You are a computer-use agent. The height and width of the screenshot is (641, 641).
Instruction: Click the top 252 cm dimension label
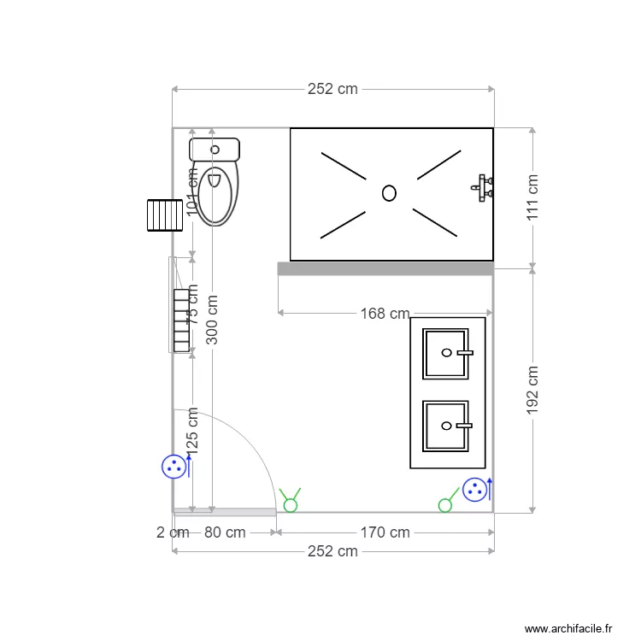332,89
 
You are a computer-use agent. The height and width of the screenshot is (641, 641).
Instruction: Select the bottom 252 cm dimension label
332,551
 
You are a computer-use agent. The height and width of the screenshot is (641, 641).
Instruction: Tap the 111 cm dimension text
533,197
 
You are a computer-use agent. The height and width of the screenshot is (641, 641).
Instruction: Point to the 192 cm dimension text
533,391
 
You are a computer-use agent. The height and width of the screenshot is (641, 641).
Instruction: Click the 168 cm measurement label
385,314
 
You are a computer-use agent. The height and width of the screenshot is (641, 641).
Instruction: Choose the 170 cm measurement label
385,532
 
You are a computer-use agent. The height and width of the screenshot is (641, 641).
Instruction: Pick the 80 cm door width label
224,532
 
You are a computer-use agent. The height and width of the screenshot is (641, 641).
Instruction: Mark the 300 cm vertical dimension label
212,320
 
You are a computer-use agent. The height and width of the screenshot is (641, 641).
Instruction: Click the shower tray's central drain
389,193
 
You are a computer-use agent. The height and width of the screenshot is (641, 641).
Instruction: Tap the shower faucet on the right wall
484,187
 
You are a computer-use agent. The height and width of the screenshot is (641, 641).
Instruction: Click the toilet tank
215,150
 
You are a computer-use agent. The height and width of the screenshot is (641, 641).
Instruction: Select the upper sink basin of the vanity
445,353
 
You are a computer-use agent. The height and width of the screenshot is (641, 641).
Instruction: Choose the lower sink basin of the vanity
445,426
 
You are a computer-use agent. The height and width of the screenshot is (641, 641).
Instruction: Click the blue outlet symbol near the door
174,467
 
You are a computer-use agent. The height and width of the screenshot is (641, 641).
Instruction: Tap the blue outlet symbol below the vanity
474,490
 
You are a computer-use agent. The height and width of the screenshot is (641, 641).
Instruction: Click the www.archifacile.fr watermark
568,628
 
